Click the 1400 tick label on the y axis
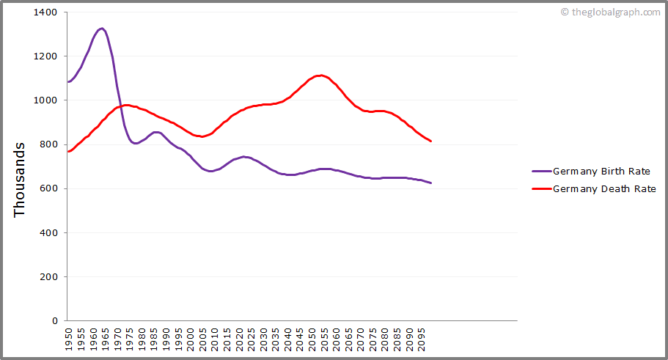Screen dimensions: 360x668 point(46,12)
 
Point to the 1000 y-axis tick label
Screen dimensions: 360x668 point(46,100)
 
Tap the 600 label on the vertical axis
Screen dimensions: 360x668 point(49,188)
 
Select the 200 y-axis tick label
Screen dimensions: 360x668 point(49,277)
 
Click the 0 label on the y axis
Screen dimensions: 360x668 point(55,321)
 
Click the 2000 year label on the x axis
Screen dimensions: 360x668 point(191,339)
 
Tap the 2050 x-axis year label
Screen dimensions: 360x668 point(312,339)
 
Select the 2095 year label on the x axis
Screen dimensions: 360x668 point(422,339)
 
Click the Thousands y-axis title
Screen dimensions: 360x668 point(20,179)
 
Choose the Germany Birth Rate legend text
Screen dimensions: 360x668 point(601,172)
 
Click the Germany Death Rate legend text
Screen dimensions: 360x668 point(603,189)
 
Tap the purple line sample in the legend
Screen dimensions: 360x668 point(540,172)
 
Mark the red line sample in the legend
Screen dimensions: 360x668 point(540,189)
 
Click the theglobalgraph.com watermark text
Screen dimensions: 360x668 point(614,12)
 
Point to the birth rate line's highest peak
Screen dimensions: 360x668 point(102,29)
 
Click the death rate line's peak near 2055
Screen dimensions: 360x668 point(320,75)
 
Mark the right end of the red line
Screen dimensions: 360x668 point(431,141)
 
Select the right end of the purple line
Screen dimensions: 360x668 point(431,183)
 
